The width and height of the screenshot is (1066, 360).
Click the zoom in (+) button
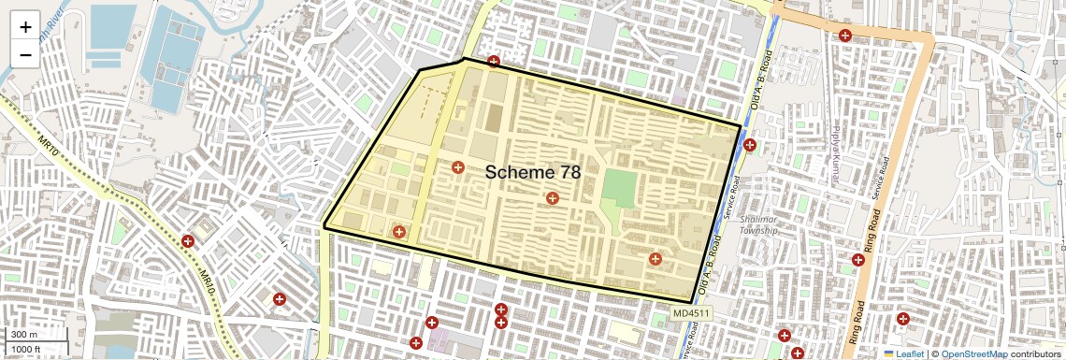coord(25,27)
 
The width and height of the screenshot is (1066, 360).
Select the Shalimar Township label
coord(758,224)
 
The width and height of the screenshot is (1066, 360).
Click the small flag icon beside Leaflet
coord(889,354)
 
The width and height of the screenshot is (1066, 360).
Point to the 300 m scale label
coord(25,335)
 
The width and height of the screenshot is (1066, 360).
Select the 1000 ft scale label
coord(28,350)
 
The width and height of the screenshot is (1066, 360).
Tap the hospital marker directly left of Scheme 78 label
coord(458,167)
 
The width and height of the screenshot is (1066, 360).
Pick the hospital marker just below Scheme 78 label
coord(553,198)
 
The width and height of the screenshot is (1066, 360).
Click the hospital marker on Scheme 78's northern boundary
coord(494,63)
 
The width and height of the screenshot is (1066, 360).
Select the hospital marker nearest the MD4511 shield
coord(655,259)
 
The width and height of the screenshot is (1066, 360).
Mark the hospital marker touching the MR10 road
coord(188,241)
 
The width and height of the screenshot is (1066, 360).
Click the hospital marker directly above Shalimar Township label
coord(750,145)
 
